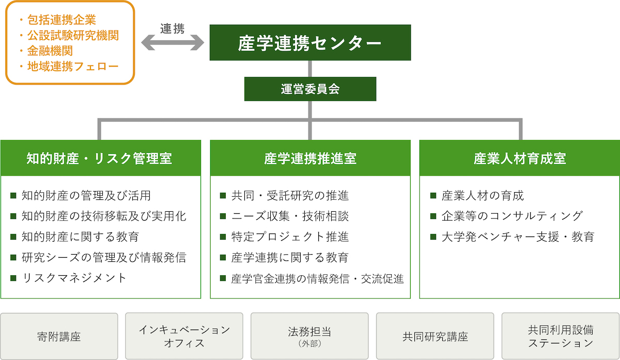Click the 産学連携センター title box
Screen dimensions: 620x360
tap(310, 42)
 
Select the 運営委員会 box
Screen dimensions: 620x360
tap(310, 89)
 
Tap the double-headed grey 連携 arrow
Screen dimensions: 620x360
tap(173, 43)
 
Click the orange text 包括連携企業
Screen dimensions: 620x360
tap(61, 20)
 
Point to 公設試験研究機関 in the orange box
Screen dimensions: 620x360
tap(73, 36)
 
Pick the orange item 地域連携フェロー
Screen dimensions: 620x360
tap(73, 67)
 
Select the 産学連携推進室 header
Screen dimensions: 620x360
tap(310, 158)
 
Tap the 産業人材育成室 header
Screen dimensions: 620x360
tap(520, 158)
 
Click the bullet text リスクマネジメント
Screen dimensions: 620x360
tap(74, 278)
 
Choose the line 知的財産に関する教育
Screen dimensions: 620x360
tap(80, 237)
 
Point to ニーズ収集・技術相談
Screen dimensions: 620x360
tap(290, 216)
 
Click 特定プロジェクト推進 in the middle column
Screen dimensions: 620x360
tap(290, 237)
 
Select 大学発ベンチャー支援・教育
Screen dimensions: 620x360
tap(518, 237)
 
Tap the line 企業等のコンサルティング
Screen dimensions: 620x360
tap(512, 216)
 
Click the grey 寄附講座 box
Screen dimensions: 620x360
tap(59, 336)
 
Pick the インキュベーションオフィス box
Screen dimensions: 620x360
tap(184, 336)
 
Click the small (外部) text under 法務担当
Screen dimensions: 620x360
tap(309, 343)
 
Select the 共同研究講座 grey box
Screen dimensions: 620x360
tap(435, 336)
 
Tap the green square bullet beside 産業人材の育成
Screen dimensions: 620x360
tap(433, 196)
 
